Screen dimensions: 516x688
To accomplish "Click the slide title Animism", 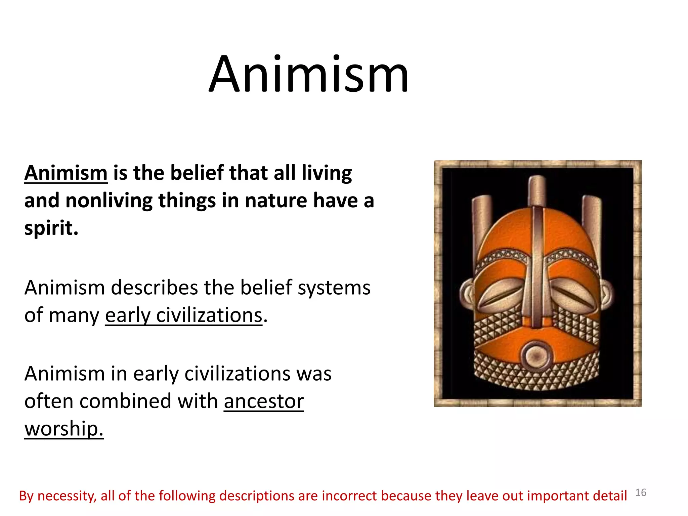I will point(308,75).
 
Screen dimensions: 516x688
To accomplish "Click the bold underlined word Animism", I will point(66,173).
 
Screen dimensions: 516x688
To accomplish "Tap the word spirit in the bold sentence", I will point(51,228).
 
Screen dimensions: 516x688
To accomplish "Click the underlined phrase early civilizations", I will point(183,316).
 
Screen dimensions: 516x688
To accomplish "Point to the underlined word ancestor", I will point(264,401).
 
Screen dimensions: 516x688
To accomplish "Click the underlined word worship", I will point(64,429).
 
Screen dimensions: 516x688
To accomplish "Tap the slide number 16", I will point(641,492).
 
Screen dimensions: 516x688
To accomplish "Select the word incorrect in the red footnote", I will point(350,496).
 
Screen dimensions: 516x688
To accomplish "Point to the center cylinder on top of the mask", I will point(537,190).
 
